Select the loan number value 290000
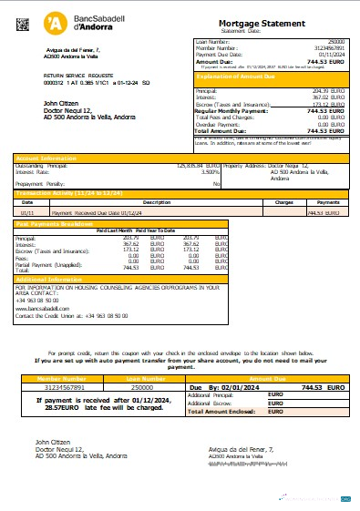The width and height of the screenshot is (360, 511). pyautogui.click(x=335, y=42)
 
